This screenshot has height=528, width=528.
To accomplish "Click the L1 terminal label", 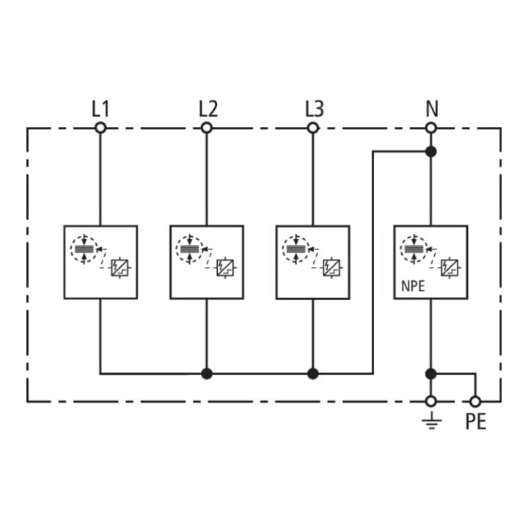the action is tap(100, 109).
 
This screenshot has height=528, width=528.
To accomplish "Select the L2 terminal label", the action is tap(208, 109).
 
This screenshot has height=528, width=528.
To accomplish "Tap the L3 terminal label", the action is tap(315, 109).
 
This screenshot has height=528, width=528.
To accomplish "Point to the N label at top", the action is tap(432, 109).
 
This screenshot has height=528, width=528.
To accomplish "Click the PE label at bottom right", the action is tap(476, 421).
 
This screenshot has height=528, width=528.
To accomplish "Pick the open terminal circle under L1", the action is tap(100, 128).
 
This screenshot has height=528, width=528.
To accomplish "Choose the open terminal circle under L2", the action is tap(207, 128).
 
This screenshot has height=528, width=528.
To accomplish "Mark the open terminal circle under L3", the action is tap(313, 128).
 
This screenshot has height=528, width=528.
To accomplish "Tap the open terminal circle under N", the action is tap(431, 128).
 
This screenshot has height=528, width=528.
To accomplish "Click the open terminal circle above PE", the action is tap(475, 401).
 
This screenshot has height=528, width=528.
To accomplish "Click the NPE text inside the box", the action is tap(413, 286).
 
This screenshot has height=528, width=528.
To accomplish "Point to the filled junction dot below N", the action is tap(431, 152).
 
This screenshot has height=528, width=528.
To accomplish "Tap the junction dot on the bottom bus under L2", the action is tap(207, 373).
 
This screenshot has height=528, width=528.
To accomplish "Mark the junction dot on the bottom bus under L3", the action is tap(313, 373).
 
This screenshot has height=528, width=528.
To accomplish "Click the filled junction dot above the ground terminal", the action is tap(431, 373).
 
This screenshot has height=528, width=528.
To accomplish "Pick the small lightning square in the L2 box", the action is tap(225, 268).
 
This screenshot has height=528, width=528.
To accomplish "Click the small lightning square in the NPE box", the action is tap(450, 268).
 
